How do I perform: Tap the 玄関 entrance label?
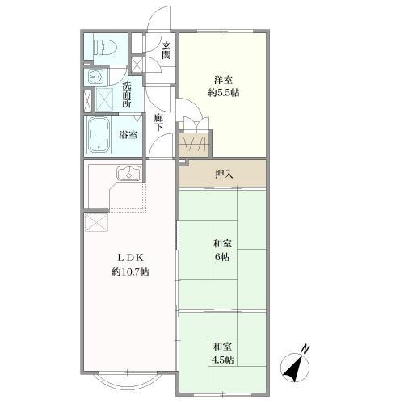click(166, 50)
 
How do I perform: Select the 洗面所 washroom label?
click(127, 95)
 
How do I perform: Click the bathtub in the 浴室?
click(99, 135)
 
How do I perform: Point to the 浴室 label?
click(128, 135)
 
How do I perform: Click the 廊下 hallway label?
click(158, 123)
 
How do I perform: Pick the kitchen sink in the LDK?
click(129, 173)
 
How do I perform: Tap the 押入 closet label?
click(224, 175)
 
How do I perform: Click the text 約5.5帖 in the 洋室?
click(224, 93)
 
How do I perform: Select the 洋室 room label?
click(223, 80)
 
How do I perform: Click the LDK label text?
click(131, 258)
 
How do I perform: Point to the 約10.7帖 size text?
click(130, 272)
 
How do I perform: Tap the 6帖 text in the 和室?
click(222, 257)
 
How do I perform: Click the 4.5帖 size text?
click(222, 360)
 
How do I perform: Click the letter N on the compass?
click(305, 349)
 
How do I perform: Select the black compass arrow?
click(293, 368)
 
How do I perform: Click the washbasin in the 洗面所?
click(95, 77)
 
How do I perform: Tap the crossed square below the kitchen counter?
click(96, 222)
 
